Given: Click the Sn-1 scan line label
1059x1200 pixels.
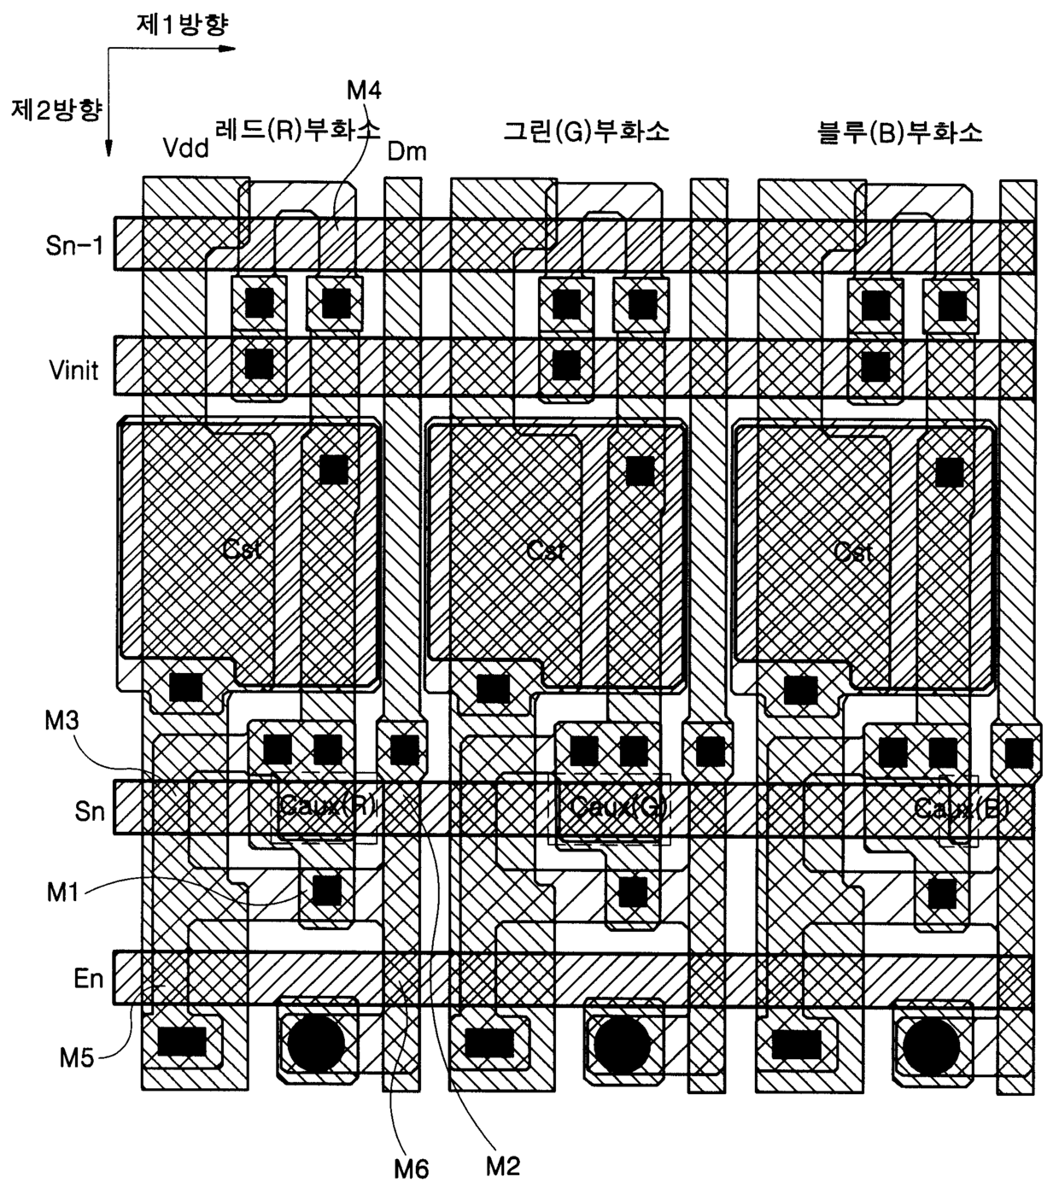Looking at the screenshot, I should (x=74, y=246).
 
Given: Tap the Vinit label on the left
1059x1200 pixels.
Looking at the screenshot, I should (x=74, y=371).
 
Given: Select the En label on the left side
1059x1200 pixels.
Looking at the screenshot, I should (x=88, y=978).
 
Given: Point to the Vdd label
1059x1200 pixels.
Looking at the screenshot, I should (x=185, y=149).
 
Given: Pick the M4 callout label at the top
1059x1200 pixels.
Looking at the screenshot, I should (x=365, y=90).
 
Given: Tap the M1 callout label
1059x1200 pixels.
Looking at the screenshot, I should (x=64, y=893).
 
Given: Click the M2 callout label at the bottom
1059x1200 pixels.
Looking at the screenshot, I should (x=502, y=1165).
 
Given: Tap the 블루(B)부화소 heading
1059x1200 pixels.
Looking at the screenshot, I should (x=899, y=132).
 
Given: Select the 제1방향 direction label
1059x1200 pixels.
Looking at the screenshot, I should (x=183, y=24).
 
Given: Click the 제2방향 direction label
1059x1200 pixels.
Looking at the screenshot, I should (x=56, y=109).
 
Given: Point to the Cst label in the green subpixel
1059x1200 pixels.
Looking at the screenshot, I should (x=547, y=550).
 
